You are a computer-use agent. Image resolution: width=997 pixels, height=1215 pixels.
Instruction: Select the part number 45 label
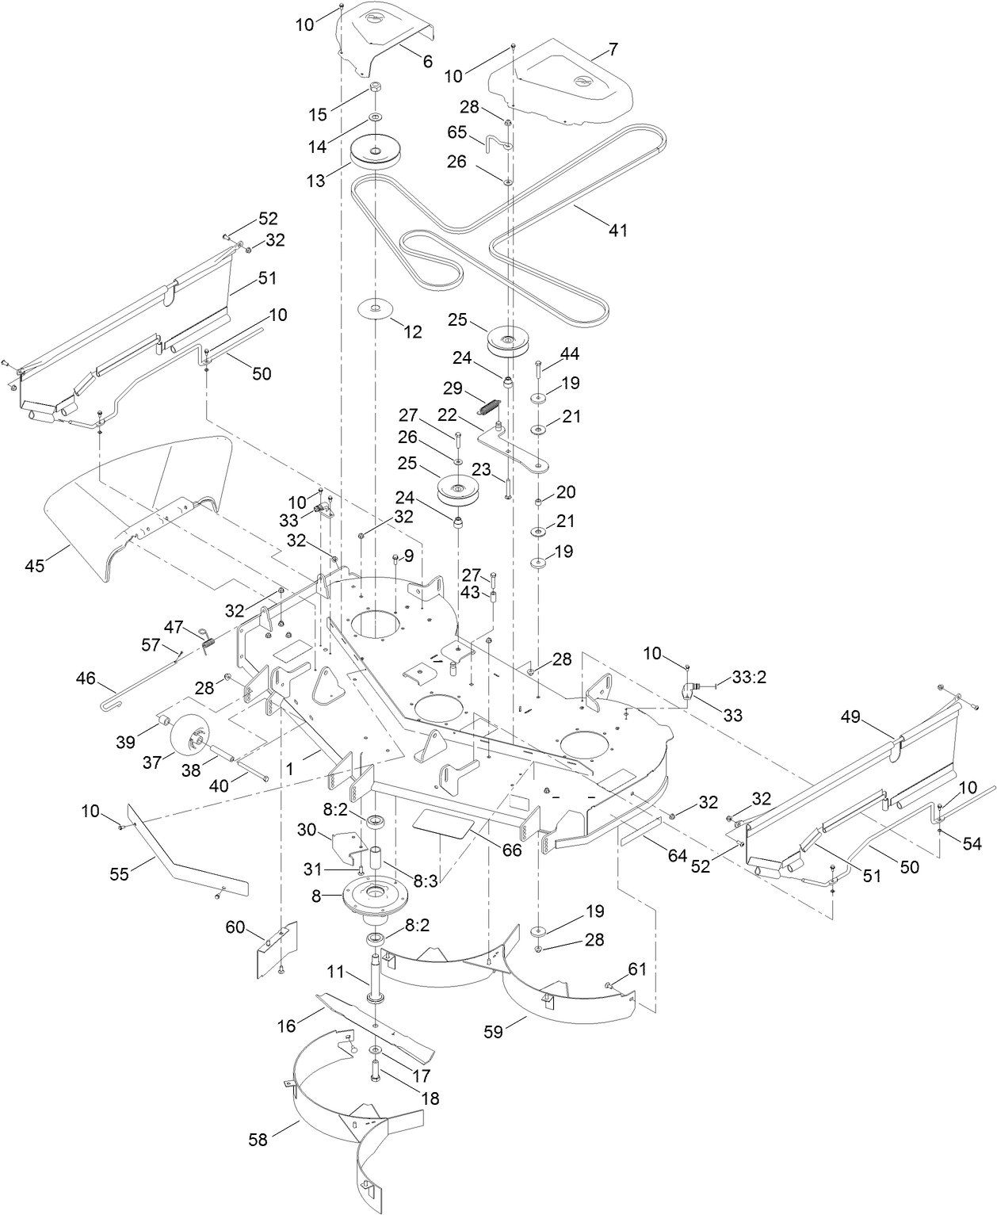tap(35, 566)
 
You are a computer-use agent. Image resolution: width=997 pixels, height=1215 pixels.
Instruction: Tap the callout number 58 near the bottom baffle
tap(258, 1139)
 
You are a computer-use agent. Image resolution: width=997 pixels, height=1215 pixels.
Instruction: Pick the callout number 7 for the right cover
tap(613, 49)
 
